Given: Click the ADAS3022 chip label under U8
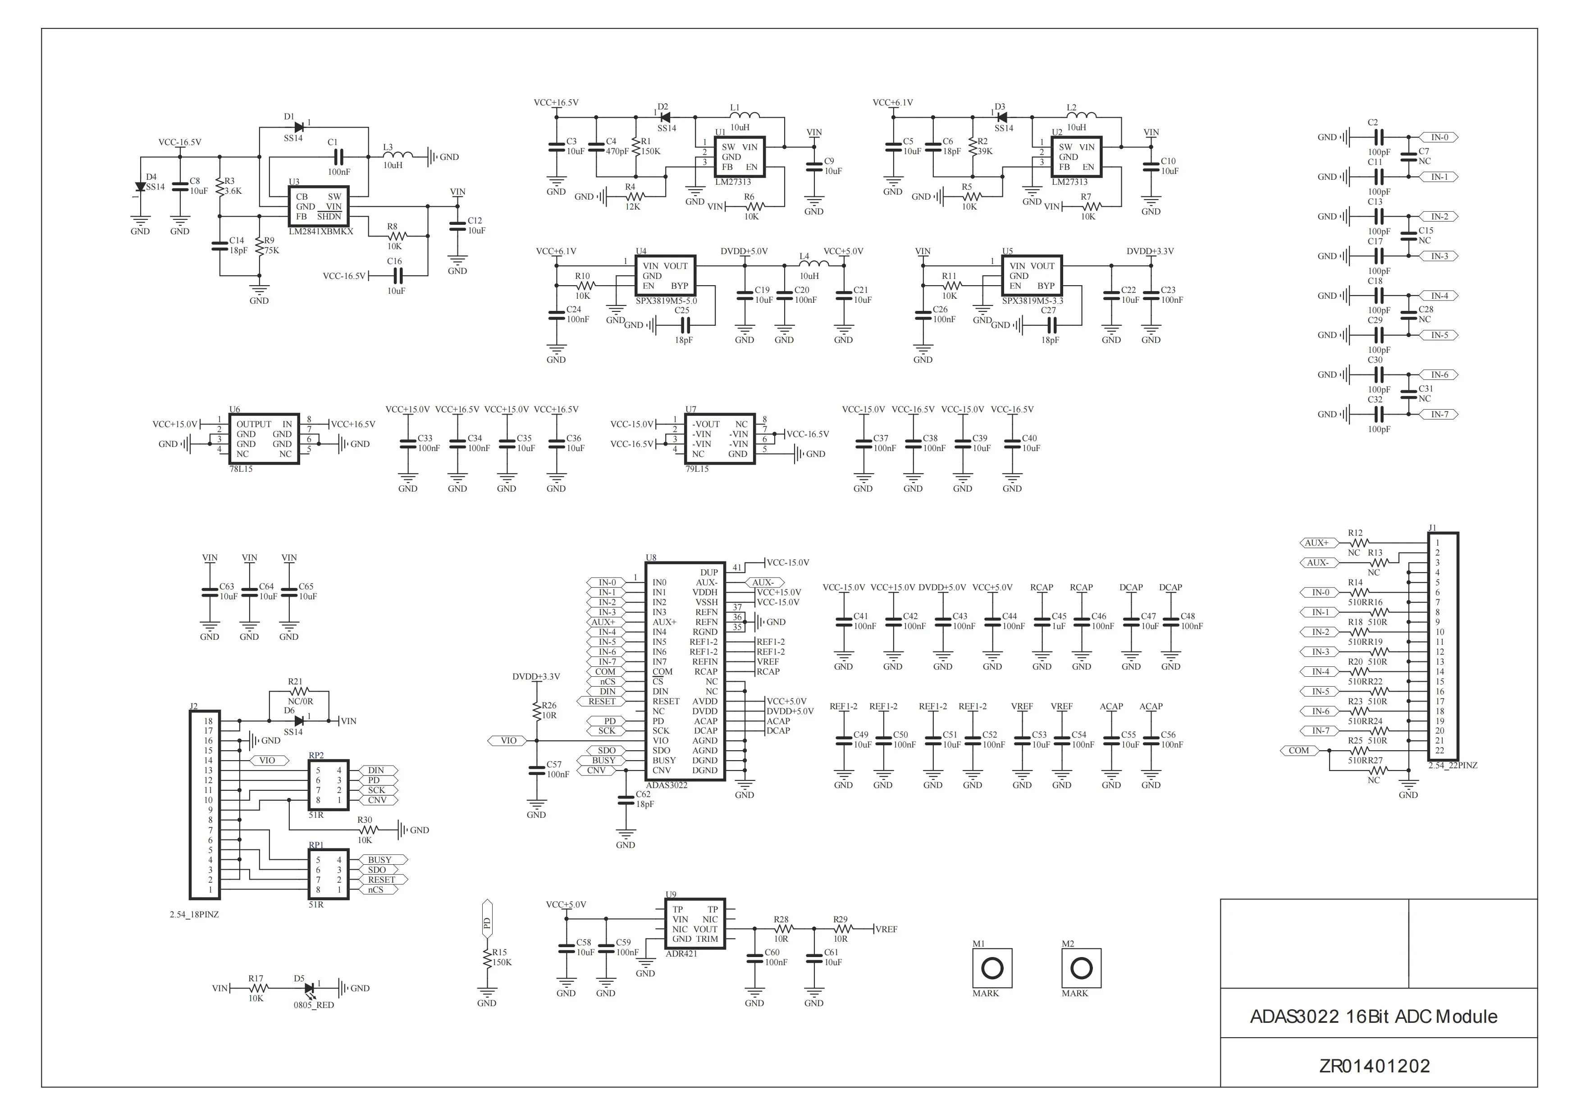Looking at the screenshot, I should click(667, 785).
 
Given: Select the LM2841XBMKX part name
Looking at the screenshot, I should click(321, 232).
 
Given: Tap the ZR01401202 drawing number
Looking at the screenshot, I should click(1375, 1066).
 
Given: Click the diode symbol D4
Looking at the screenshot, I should click(141, 187).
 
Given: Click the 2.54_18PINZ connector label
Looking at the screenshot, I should click(194, 915).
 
